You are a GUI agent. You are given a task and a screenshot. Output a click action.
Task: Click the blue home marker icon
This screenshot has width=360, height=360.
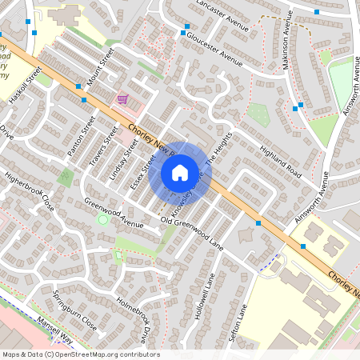coord(180,172)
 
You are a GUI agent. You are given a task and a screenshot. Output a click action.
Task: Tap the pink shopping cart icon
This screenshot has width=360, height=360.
coord(122,99)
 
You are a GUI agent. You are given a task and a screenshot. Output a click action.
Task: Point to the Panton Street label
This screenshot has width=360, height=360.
coord(81,136)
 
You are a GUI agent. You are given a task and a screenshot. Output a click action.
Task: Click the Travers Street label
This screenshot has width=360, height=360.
coord(104,142)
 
